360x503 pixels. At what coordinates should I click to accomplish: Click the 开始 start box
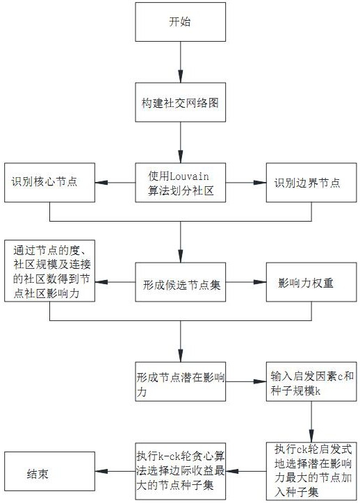click(180, 22)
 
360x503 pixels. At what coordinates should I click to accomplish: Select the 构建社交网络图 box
click(180, 102)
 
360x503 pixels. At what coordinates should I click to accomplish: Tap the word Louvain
click(188, 176)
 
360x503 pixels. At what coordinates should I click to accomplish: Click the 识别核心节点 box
click(50, 183)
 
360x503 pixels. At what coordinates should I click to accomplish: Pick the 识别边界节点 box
click(311, 183)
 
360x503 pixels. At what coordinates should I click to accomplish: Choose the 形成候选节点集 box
click(180, 282)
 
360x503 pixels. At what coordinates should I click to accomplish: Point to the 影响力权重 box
click(311, 282)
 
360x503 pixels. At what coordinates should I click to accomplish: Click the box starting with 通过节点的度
click(50, 271)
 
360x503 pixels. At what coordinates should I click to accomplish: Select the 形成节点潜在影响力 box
click(180, 381)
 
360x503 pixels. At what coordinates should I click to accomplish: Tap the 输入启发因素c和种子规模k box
click(311, 381)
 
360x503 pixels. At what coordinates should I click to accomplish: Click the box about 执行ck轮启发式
click(311, 471)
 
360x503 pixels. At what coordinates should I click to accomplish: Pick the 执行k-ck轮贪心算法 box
click(180, 471)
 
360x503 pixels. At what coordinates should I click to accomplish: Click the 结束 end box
click(50, 471)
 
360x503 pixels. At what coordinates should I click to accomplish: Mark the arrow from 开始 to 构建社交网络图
click(180, 62)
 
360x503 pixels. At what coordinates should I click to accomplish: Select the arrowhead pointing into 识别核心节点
click(101, 183)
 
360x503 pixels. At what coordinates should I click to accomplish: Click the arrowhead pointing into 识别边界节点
click(260, 183)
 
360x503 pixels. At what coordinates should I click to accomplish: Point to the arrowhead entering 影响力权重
click(260, 282)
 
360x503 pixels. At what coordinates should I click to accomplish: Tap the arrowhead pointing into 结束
click(101, 471)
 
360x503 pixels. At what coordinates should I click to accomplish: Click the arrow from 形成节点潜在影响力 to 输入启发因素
click(246, 381)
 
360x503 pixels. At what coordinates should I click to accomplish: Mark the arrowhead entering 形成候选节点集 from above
click(180, 256)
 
